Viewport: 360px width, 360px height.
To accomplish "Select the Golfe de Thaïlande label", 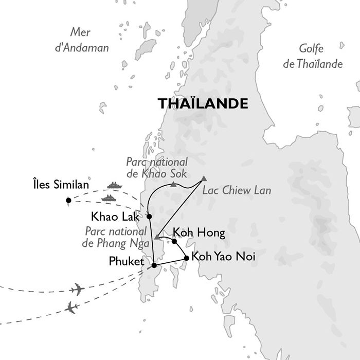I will [320, 57].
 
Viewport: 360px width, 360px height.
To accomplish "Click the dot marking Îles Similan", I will [68, 201].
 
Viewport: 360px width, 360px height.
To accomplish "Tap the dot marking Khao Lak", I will [149, 217].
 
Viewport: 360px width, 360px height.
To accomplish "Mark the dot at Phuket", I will [154, 265].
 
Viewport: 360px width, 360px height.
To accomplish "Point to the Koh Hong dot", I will [174, 241].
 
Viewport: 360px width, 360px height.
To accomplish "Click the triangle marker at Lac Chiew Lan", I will [205, 178].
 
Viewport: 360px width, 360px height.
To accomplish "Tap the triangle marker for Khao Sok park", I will [174, 184].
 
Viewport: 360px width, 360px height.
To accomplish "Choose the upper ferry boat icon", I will [113, 185].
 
